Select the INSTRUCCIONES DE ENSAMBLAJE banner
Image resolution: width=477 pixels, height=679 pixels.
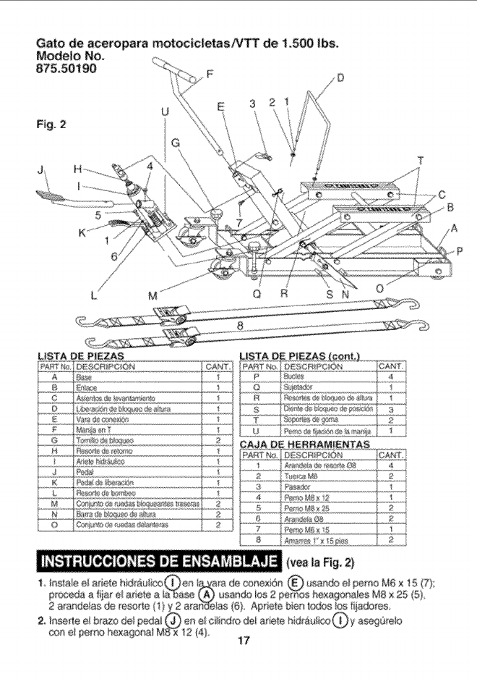(160, 561)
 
